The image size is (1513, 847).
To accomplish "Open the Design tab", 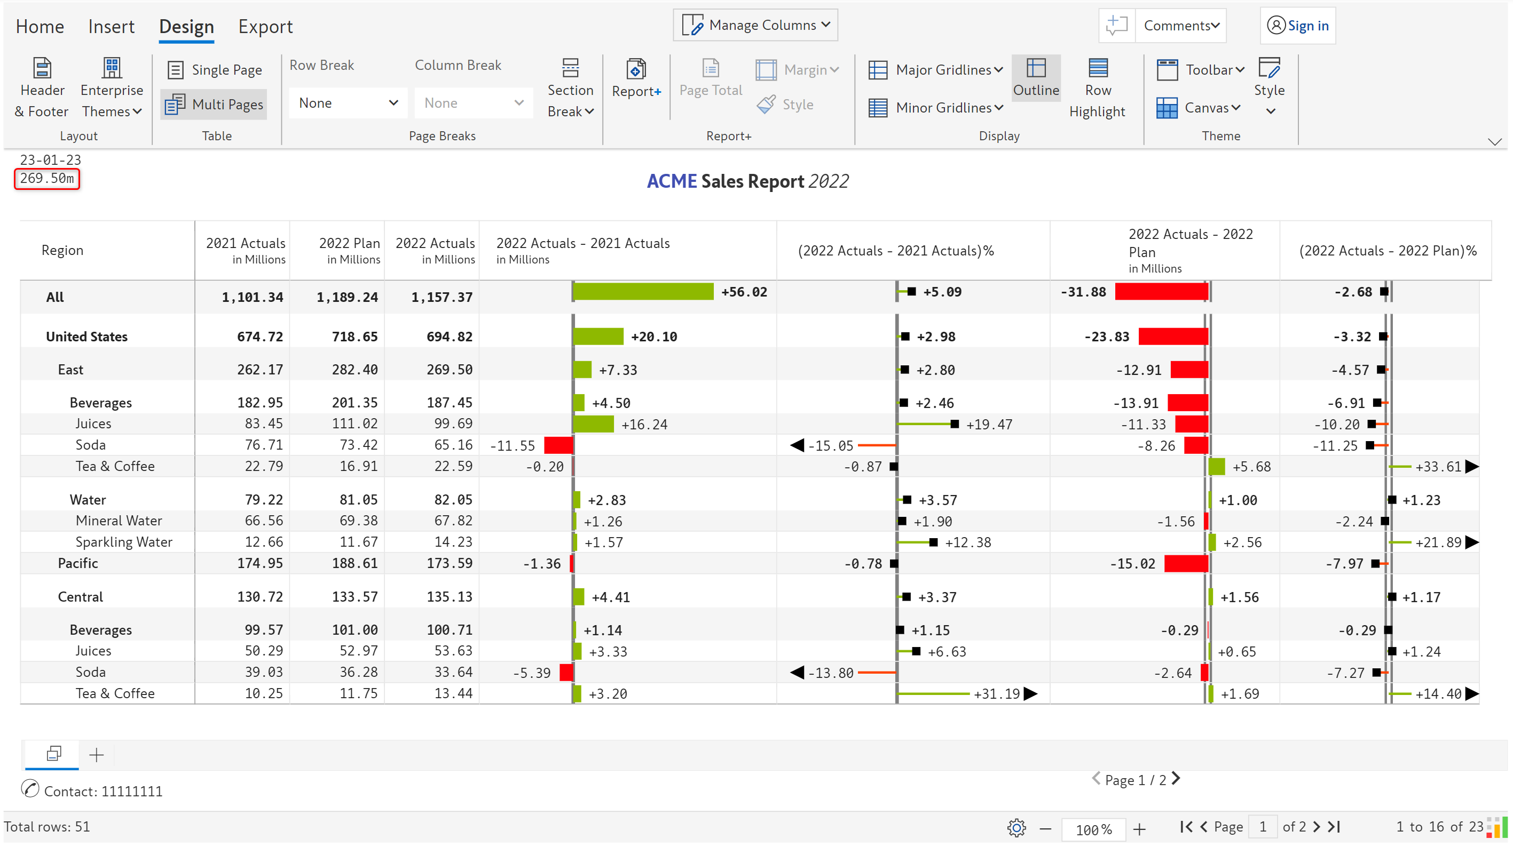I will (186, 27).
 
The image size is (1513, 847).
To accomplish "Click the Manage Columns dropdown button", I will (755, 25).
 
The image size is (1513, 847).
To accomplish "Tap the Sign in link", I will (1297, 26).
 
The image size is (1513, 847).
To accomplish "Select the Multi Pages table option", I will (214, 105).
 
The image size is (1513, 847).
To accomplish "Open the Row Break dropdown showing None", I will (348, 103).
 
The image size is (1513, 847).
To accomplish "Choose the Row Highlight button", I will (1097, 88).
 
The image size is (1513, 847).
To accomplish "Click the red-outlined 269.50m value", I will (47, 179).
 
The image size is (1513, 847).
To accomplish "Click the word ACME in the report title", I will (671, 181).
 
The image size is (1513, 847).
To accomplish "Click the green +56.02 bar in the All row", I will (643, 292).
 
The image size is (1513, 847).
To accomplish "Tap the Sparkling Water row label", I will (124, 542).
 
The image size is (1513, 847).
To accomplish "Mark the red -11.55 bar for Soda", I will (558, 445).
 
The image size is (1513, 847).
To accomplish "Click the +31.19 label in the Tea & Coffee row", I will (996, 694).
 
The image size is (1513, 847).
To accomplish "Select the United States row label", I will (87, 337).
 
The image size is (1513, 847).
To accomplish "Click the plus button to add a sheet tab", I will (96, 754).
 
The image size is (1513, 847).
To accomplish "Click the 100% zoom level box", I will (1093, 829).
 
